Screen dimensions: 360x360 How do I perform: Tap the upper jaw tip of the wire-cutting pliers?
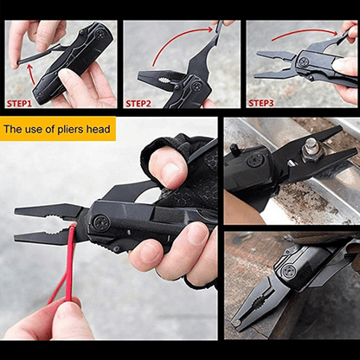19,210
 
